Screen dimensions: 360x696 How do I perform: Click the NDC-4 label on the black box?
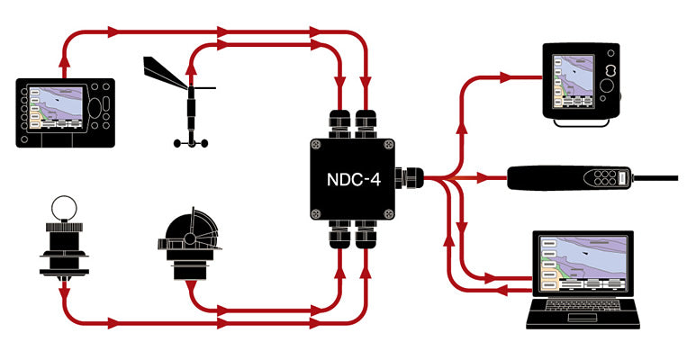(353, 178)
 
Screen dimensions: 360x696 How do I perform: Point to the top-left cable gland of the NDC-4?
(341, 121)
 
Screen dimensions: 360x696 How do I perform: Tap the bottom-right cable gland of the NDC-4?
(366, 237)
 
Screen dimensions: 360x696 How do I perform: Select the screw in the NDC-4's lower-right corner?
(390, 213)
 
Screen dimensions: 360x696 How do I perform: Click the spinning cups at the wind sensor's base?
(188, 142)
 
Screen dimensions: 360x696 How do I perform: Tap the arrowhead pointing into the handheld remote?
(494, 178)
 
